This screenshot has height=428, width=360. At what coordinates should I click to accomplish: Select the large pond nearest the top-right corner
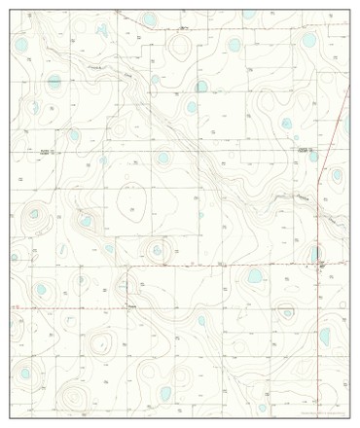click(x=309, y=42)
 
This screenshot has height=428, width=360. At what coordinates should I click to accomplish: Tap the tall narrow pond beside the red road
click(x=314, y=254)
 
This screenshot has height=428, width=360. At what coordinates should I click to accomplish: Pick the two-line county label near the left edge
click(x=47, y=153)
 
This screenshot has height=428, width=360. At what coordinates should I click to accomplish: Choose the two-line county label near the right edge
click(x=306, y=151)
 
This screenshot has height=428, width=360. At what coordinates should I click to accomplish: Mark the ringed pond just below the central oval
click(x=156, y=251)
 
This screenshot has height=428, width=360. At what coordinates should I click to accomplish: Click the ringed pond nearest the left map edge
click(x=34, y=214)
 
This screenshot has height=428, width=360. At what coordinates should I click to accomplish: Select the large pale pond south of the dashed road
click(x=255, y=277)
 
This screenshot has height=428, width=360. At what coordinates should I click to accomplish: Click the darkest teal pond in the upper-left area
click(x=54, y=82)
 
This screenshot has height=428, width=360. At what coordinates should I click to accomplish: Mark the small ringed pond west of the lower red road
click(x=287, y=312)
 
